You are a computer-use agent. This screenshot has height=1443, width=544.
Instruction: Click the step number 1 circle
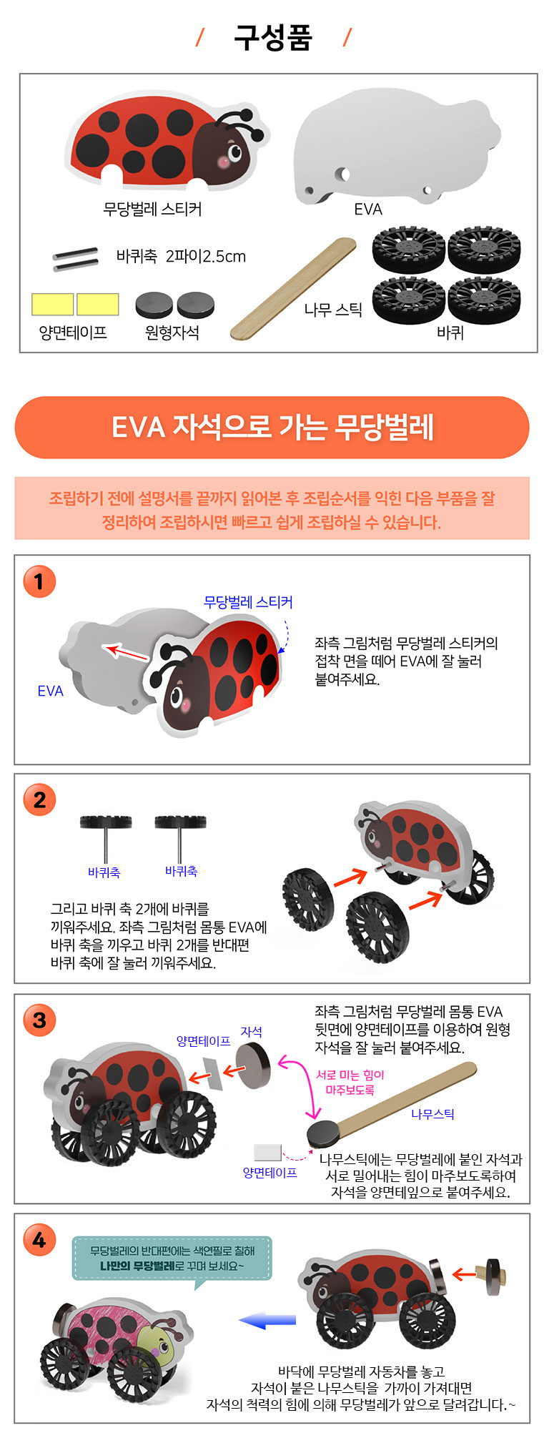tap(39, 581)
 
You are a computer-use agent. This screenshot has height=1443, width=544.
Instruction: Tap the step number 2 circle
tap(39, 800)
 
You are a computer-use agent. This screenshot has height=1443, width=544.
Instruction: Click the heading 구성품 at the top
tap(273, 37)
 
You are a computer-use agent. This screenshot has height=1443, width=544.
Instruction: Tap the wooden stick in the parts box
tap(293, 289)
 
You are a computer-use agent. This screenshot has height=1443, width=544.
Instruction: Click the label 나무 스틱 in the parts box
tap(333, 310)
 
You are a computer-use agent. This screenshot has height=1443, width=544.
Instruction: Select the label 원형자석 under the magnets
tap(172, 333)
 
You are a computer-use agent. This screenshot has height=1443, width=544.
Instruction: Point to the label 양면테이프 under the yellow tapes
tap(73, 333)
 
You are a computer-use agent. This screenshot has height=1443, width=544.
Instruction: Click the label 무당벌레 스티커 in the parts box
tap(152, 209)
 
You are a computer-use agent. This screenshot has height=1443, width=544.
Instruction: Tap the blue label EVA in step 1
tap(50, 691)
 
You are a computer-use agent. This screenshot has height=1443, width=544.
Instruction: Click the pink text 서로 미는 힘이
tap(350, 1075)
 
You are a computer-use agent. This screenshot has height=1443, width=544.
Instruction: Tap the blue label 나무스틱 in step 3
tap(432, 1113)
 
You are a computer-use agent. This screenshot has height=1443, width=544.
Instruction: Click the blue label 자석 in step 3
tap(251, 1032)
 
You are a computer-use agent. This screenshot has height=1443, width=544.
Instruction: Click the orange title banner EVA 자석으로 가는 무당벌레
tap(272, 428)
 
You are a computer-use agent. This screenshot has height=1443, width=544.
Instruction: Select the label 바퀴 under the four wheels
tap(450, 333)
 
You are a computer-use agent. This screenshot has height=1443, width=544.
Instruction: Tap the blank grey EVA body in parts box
tap(395, 150)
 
